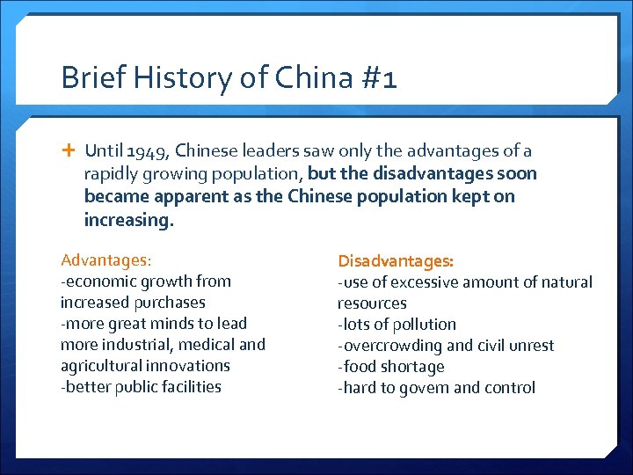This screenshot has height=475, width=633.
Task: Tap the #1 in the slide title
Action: [377, 78]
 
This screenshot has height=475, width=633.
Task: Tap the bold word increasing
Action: [128, 219]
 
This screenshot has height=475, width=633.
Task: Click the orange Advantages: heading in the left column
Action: [105, 260]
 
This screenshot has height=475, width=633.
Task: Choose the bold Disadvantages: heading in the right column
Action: [396, 261]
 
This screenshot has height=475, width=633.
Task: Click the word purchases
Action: [170, 303]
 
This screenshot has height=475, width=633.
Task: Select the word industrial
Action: [135, 345]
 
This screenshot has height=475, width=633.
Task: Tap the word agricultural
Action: [102, 366]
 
